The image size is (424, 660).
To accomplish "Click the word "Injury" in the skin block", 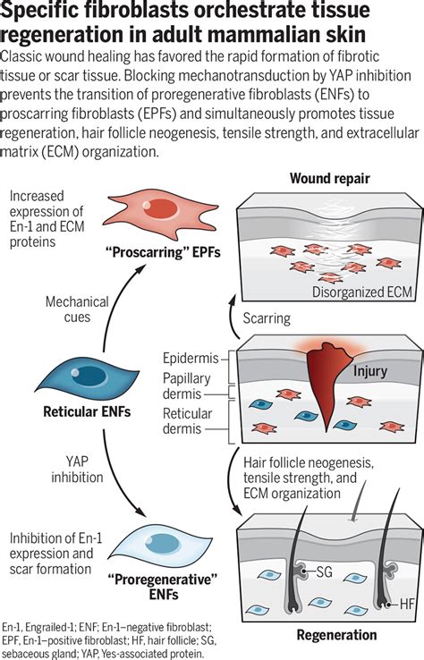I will [370, 368].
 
